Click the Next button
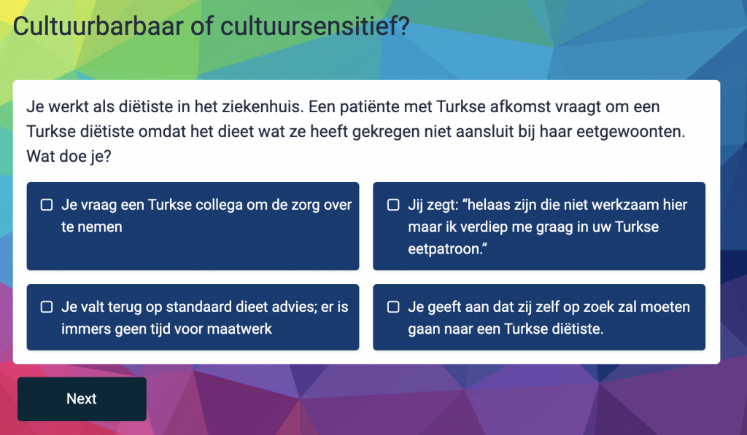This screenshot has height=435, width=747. (82, 399)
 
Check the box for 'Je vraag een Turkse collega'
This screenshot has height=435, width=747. (47, 205)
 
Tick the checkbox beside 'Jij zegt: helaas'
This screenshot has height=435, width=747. (393, 205)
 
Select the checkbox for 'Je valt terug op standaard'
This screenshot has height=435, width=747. (47, 307)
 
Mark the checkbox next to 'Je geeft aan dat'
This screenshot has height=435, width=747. (393, 307)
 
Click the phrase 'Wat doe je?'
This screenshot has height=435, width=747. (69, 156)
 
